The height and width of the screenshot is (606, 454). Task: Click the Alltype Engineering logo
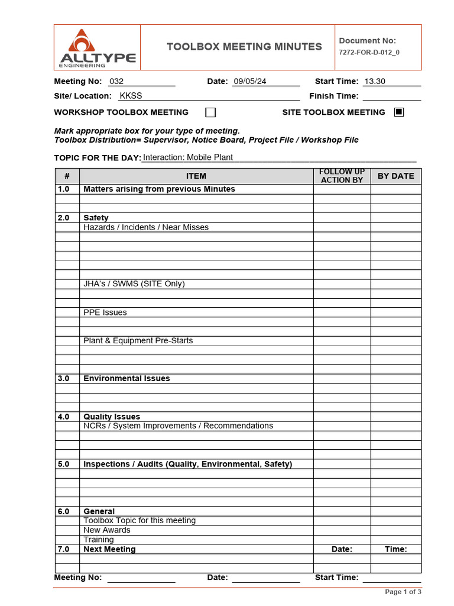(x=98, y=48)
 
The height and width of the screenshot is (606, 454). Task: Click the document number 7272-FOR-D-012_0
(x=369, y=52)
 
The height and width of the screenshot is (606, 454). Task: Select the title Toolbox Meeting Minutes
(x=244, y=47)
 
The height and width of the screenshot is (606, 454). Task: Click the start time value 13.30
(x=375, y=82)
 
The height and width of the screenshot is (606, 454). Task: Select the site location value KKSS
(x=131, y=96)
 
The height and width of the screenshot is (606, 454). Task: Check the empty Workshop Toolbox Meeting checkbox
(x=210, y=112)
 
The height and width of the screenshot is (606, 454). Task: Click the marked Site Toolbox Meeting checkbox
(x=399, y=112)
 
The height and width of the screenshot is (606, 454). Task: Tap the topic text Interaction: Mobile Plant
(x=188, y=157)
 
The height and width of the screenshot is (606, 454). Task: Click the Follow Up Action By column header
(x=342, y=176)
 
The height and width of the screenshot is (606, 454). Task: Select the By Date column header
(x=395, y=176)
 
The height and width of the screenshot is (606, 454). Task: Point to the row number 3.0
(x=64, y=379)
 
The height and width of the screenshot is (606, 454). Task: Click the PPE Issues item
(x=105, y=312)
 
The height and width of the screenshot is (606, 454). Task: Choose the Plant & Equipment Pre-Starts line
(x=138, y=341)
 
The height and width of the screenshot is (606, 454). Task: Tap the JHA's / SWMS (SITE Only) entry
(x=134, y=284)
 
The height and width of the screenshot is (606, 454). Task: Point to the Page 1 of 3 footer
(x=403, y=592)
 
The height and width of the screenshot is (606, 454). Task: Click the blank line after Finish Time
(x=391, y=96)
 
